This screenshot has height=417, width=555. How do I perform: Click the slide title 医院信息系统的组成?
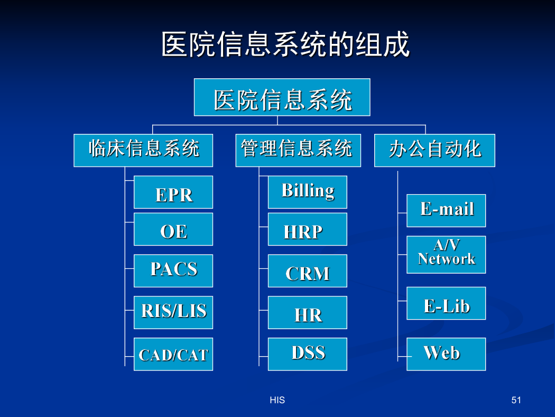285,44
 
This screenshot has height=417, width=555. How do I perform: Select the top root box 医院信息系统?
282,97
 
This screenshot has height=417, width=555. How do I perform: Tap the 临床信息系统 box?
143,150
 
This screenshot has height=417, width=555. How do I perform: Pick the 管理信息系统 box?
299,150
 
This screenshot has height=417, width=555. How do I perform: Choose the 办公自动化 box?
434,150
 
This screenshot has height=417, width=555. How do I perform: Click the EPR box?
173,192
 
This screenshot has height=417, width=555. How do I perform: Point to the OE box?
173,229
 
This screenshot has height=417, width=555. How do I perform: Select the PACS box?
173,270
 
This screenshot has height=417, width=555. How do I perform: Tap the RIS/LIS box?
173,312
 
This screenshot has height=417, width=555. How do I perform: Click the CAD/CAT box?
173,354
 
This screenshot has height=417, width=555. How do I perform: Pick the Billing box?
308,192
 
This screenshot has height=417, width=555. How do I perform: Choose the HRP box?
308,229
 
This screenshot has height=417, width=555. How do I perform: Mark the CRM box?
308,270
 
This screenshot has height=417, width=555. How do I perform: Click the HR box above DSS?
308,312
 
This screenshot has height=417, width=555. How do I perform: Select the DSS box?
308,354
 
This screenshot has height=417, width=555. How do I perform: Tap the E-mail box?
446,211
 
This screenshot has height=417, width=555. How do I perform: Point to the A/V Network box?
446,255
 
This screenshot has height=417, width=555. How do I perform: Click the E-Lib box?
446,303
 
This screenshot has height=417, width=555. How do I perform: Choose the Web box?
446,354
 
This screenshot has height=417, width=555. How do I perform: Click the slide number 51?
516,400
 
